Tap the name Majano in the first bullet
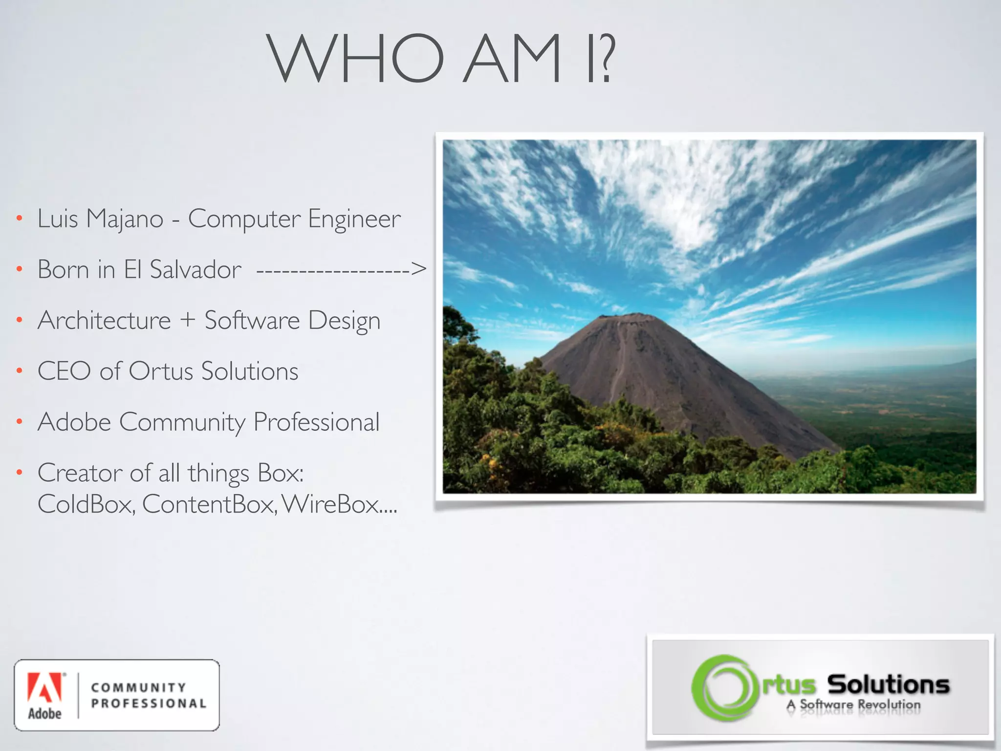[125, 219]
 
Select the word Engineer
[354, 219]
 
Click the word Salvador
[195, 269]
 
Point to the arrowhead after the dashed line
[418, 268]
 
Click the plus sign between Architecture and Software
[187, 320]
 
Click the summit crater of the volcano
[627, 318]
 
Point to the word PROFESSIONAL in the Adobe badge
[149, 704]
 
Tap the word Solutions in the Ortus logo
[888, 684]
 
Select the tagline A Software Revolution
[853, 705]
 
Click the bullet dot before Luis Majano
[19, 219]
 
